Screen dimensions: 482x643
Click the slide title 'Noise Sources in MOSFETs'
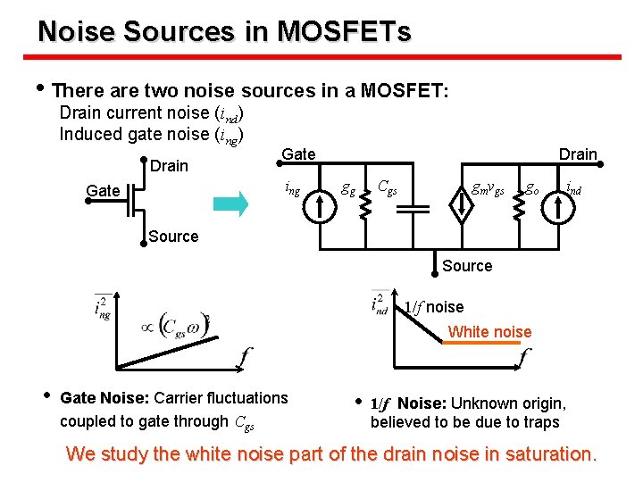[x=224, y=32]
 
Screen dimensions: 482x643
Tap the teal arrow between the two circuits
[x=230, y=204]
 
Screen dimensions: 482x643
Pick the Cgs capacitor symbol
[x=413, y=208]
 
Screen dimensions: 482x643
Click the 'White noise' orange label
[x=489, y=332]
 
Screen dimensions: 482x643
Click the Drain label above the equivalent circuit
[x=578, y=154]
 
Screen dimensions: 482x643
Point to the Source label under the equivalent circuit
[x=467, y=265]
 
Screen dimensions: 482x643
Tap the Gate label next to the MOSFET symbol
[x=103, y=190]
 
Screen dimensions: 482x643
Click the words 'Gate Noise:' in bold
[x=104, y=397]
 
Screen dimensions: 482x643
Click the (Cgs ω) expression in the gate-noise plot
[x=183, y=326]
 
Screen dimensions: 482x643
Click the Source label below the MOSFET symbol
[x=173, y=237]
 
